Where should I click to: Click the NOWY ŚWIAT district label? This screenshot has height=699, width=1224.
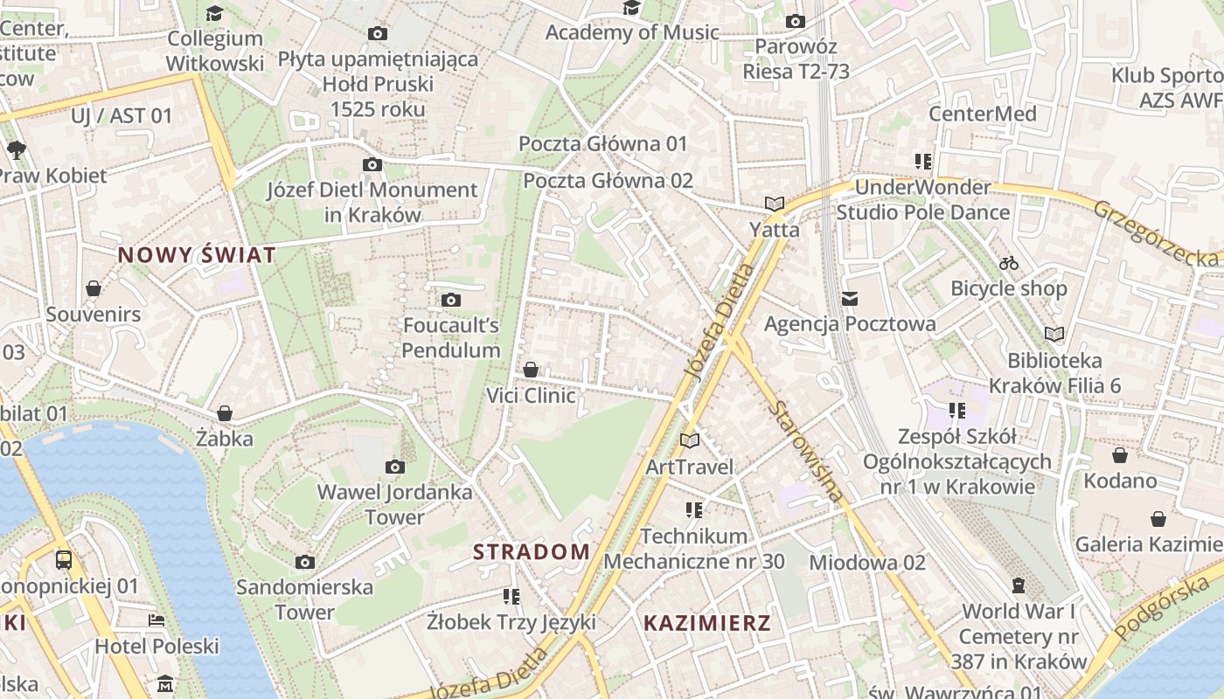197,255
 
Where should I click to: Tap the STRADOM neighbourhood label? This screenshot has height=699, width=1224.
532,551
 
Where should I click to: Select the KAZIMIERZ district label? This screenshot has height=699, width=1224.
707,623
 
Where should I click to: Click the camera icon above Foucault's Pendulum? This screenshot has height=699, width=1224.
451,301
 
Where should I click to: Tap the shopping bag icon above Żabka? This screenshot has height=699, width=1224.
225,413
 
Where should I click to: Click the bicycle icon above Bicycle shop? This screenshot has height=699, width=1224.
1009,263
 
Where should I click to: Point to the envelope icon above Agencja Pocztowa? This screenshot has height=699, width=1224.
849,299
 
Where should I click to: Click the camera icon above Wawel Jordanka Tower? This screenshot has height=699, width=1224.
395,467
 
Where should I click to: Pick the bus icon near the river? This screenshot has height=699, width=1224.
64,560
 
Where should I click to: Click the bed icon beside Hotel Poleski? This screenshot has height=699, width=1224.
156,620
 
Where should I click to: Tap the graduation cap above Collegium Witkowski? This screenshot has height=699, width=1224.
214,13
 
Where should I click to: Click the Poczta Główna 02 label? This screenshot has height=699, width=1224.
608,181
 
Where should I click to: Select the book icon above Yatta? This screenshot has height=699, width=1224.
774,204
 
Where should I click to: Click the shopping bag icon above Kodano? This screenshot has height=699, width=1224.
1120,455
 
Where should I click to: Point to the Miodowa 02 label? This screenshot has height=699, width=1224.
866,562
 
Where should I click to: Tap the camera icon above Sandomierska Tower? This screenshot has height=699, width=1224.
304,562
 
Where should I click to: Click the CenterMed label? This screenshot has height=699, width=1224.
982,114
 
